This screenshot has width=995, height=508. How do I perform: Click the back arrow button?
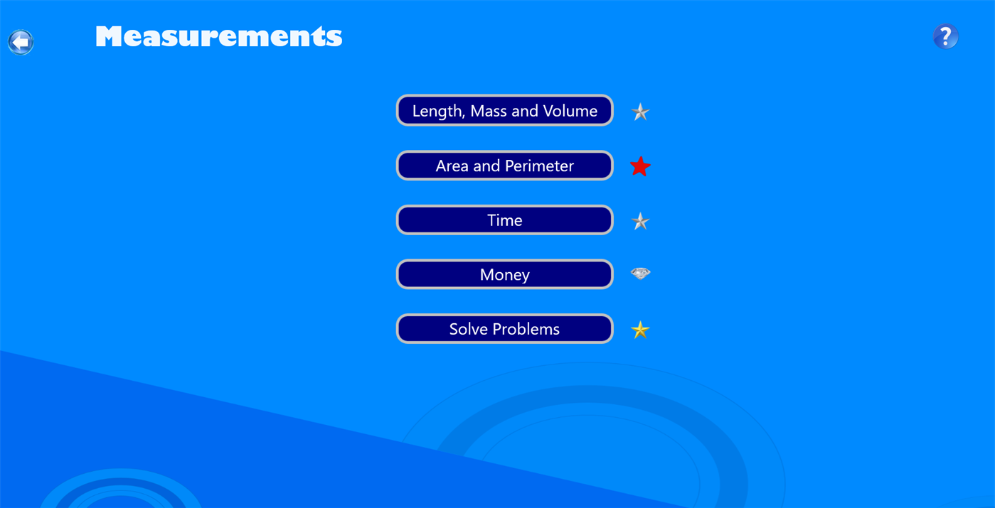[21, 42]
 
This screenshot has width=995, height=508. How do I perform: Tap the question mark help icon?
[945, 36]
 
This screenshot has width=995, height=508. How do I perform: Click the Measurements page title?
[218, 37]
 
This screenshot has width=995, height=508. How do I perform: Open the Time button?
[504, 220]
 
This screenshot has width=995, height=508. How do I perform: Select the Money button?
[504, 275]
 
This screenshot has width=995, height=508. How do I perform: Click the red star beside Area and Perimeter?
[640, 166]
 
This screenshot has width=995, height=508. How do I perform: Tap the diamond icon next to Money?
[640, 274]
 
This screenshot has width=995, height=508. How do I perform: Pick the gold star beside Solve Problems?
[640, 330]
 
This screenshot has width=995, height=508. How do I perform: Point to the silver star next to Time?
[640, 222]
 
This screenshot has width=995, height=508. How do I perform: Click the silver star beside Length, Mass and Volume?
[640, 112]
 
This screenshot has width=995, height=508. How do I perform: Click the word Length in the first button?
[437, 112]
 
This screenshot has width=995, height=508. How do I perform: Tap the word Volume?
[570, 112]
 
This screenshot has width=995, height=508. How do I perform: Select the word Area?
[452, 166]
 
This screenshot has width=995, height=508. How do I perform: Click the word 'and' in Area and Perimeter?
[487, 166]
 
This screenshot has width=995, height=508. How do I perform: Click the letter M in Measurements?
[112, 37]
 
